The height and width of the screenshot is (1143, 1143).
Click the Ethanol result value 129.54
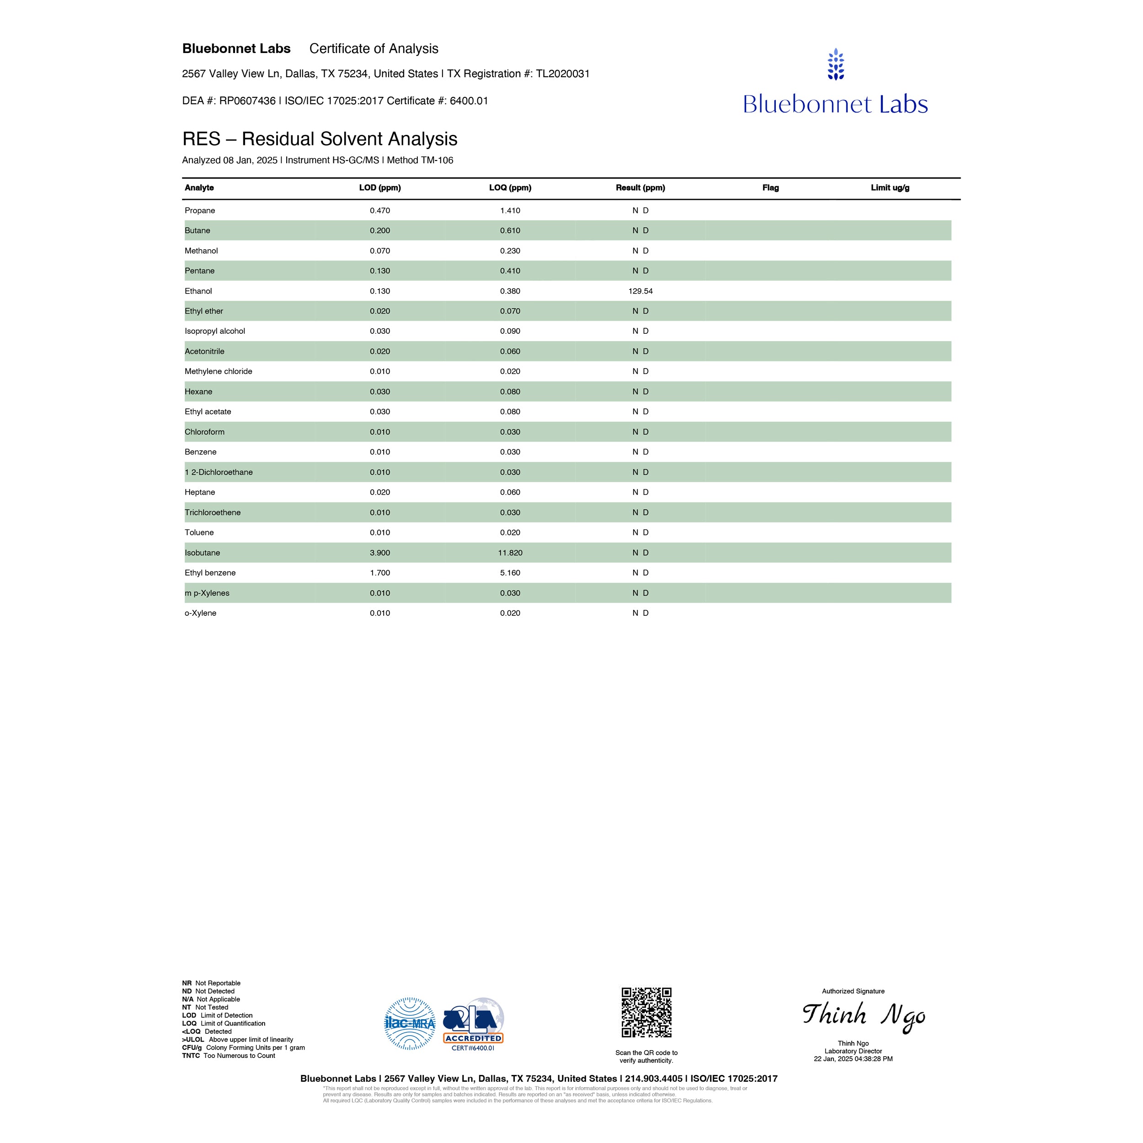coord(640,291)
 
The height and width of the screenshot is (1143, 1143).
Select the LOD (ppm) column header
coord(380,187)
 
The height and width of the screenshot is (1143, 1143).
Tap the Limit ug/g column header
coord(890,187)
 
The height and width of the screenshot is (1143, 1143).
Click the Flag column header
coord(770,187)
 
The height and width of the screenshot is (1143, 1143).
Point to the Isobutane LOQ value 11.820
coord(510,553)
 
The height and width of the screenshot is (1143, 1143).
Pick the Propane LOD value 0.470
coord(380,211)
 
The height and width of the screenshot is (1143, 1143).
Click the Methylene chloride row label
coord(218,372)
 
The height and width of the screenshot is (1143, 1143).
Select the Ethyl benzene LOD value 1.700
coord(380,573)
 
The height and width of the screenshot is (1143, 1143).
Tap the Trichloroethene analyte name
coord(213,513)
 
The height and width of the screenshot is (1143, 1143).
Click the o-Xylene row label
coord(201,613)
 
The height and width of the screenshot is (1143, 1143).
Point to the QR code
coord(646,1012)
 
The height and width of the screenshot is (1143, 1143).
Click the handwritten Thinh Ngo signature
coord(864,1016)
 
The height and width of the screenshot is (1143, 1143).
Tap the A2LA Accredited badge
coord(473,1024)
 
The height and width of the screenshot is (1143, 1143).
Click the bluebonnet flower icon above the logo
coord(835,64)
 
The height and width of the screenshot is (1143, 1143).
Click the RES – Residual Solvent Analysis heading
coord(320,139)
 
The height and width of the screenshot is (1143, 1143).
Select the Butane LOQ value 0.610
coord(510,231)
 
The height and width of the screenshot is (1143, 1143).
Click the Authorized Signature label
coord(853,991)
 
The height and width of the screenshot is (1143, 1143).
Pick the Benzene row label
coord(201,452)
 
